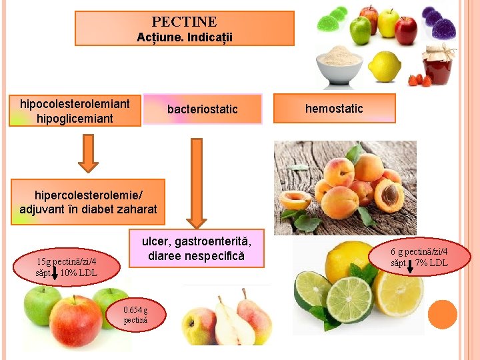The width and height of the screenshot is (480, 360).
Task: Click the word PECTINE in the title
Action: [184, 22]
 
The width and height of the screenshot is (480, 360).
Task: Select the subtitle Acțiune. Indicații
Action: [184, 37]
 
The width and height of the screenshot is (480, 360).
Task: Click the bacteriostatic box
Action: [202, 109]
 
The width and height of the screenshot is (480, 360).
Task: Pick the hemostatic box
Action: [334, 108]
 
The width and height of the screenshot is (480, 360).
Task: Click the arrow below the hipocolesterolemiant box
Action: [88, 153]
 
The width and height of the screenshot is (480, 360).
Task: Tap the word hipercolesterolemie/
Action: [88, 195]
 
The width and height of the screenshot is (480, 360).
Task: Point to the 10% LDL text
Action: [78, 273]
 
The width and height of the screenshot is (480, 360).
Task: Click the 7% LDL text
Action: [431, 263]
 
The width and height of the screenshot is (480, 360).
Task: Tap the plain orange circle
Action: [442, 314]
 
